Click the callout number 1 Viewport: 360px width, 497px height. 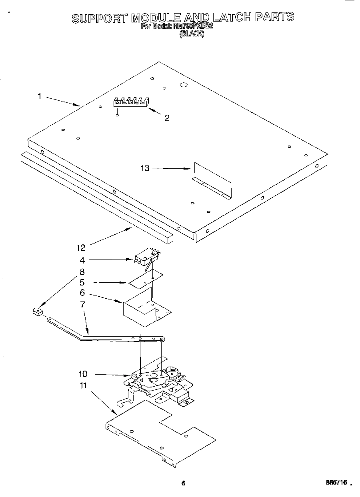pyautogui.click(x=39, y=96)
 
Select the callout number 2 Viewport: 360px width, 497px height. pyautogui.click(x=167, y=118)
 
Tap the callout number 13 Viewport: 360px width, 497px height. pyautogui.click(x=145, y=168)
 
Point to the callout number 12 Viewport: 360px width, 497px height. pyautogui.click(x=81, y=248)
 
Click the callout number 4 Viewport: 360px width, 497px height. pyautogui.click(x=82, y=260)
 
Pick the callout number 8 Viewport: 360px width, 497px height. pyautogui.click(x=82, y=271)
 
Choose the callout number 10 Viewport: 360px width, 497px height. pyautogui.click(x=83, y=374)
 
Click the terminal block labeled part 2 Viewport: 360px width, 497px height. pyautogui.click(x=130, y=102)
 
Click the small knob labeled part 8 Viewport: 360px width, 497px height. pyautogui.click(x=37, y=311)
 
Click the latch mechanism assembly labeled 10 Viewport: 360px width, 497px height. pyautogui.click(x=160, y=380)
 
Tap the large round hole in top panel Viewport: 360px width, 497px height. pyautogui.click(x=184, y=85)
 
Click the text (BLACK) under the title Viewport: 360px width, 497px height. pyautogui.click(x=192, y=34)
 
